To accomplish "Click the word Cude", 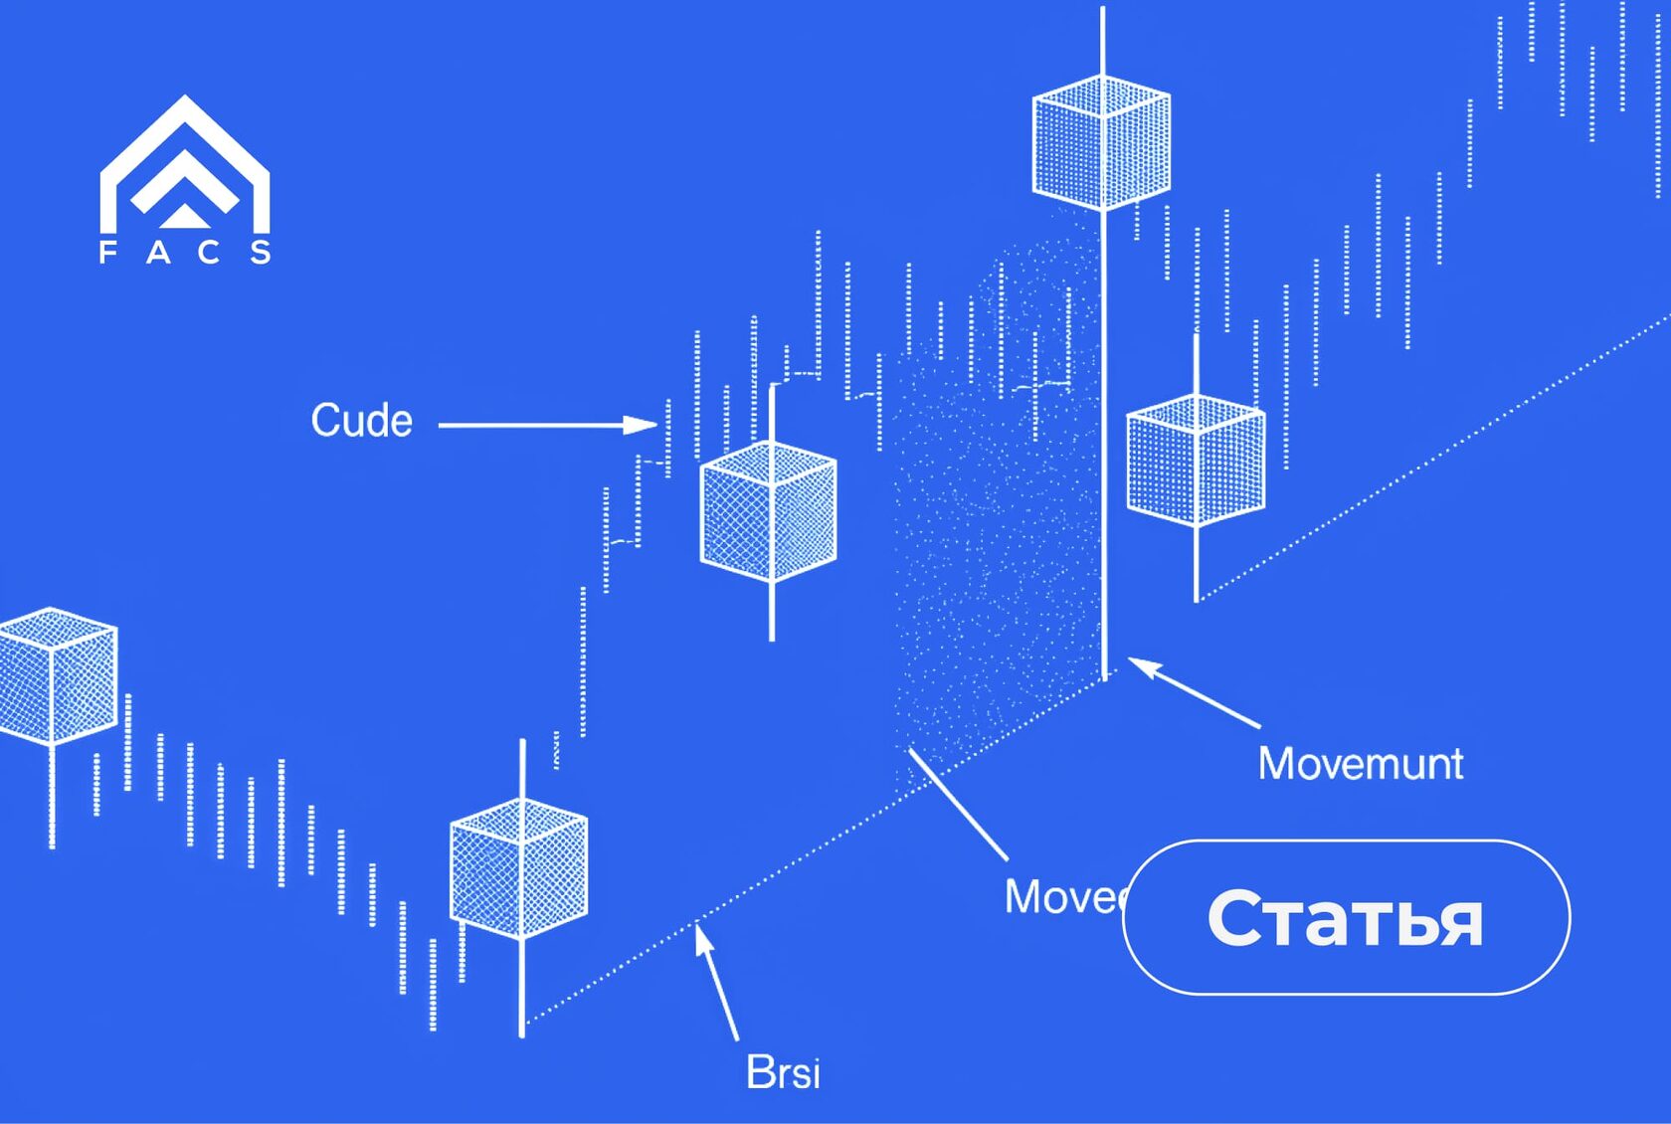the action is coord(361,421).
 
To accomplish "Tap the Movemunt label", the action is coord(1360,764).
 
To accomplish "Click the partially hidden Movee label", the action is coord(1062,897).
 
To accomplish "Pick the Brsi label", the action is coord(783,1072).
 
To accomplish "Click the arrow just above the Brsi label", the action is coord(716,981).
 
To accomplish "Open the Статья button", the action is coord(1346,917).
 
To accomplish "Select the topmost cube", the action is coord(1101,142).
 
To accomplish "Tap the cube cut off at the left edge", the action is coord(55,675).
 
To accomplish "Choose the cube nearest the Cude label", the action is coord(768,511).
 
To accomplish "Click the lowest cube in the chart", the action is coord(518,867).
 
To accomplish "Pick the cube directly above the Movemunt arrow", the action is coord(1195,461).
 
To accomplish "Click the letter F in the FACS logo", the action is coord(107,252).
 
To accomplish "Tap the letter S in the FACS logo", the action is coord(261,252).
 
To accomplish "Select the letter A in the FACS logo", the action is coord(158,252).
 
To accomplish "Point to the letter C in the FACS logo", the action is coord(209,252).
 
